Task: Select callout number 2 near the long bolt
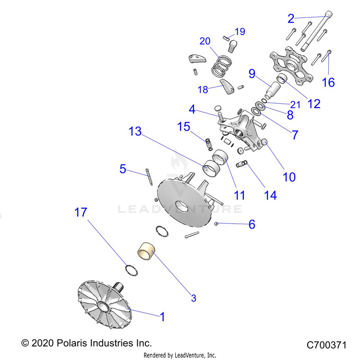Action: [291, 19]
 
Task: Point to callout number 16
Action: [328, 82]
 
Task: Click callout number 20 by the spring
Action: [205, 41]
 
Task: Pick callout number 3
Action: [193, 298]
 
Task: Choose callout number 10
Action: [289, 177]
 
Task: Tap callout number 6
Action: [252, 224]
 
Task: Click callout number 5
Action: [123, 168]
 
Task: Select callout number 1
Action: [162, 317]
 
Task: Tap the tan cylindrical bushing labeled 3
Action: [148, 252]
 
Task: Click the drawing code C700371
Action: [326, 345]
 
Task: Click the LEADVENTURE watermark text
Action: [180, 209]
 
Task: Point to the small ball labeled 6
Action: [217, 223]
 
